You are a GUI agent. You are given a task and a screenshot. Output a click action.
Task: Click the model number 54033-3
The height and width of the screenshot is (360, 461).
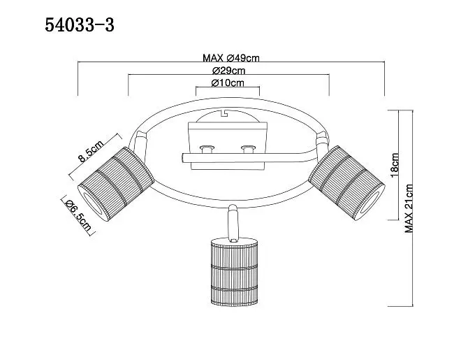click(80, 25)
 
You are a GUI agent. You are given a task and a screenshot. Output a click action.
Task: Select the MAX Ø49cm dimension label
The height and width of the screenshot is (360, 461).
click(231, 58)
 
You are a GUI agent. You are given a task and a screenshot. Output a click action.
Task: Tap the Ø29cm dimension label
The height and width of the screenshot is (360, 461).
click(228, 71)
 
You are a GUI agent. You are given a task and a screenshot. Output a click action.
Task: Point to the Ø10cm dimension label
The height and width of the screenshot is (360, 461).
click(228, 83)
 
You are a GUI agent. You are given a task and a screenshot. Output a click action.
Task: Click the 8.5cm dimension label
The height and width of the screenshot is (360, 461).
click(91, 151)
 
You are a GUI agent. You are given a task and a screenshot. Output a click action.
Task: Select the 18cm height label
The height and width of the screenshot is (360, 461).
click(395, 165)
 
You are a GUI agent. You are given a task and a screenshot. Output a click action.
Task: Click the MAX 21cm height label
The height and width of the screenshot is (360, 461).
click(409, 208)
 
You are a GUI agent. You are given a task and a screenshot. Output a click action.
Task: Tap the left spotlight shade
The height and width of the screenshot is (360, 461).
click(116, 184)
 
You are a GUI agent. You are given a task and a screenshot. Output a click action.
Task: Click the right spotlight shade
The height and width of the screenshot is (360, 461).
click(346, 182)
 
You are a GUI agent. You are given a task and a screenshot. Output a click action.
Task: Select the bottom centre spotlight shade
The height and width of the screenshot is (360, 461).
click(234, 272)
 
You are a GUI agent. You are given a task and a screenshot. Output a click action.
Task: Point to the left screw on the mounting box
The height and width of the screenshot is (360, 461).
click(206, 149)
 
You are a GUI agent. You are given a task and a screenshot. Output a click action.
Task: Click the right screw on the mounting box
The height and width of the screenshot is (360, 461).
click(247, 149)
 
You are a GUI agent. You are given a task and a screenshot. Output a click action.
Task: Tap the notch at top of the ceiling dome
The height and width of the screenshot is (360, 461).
click(225, 113)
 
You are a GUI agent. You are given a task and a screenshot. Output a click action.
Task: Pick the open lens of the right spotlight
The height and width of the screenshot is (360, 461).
click(370, 204)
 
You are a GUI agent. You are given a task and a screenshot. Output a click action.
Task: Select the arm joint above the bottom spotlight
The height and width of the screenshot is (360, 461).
click(233, 223)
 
